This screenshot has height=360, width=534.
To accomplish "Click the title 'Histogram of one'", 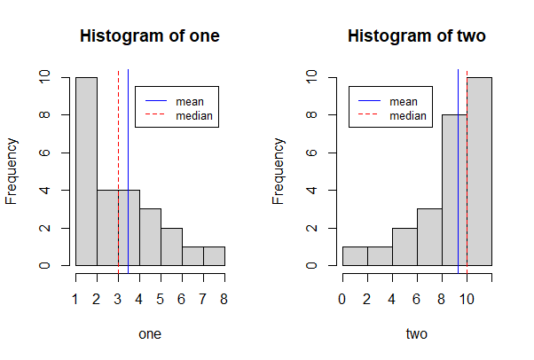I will point(150,37).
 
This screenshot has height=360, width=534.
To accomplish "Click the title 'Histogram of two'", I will point(417,37).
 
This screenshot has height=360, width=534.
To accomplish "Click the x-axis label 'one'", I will point(150,334).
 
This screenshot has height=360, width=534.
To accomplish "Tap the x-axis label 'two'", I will point(417,334).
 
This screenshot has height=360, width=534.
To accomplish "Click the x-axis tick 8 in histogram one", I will point(224,299).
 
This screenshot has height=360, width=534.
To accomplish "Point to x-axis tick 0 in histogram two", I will point(342,299).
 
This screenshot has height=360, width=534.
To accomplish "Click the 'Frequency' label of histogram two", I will point(279,171).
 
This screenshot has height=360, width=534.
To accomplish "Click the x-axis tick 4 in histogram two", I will point(392,299).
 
